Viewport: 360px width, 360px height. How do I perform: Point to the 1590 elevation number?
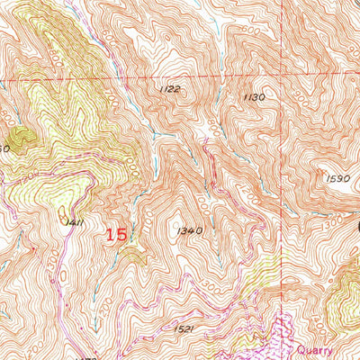click(337, 179)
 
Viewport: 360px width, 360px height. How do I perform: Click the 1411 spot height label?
click(74, 220)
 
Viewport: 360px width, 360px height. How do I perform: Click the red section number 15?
click(116, 234)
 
